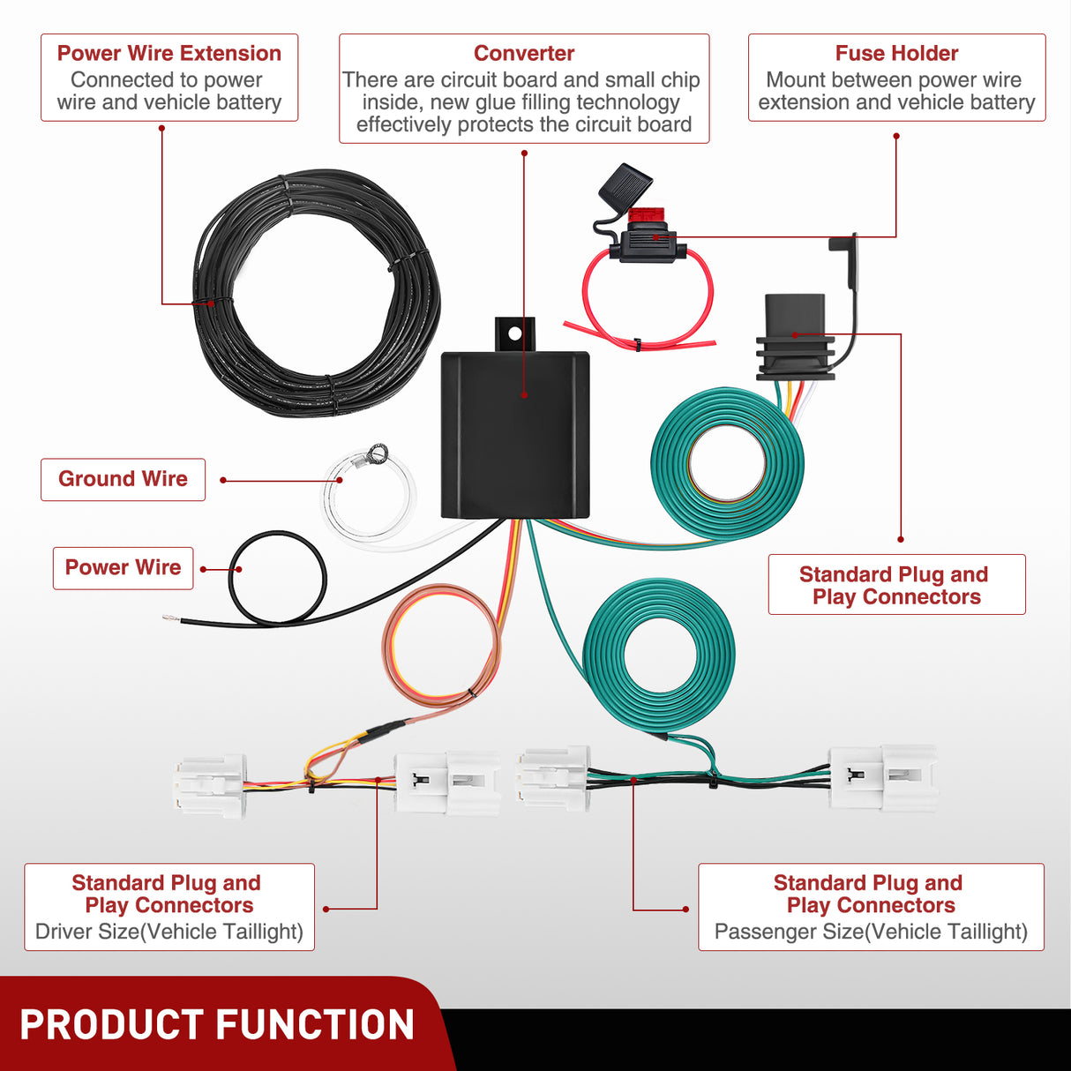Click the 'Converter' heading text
click(524, 54)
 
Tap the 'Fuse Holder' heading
click(896, 54)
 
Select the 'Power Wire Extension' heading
click(169, 54)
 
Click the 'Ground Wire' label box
click(123, 479)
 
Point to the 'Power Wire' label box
click(123, 567)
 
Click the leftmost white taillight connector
click(210, 785)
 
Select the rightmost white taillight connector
click(884, 776)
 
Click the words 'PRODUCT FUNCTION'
click(217, 1025)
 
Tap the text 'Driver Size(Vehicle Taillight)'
click(169, 932)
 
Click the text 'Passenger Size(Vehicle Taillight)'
click(871, 932)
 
